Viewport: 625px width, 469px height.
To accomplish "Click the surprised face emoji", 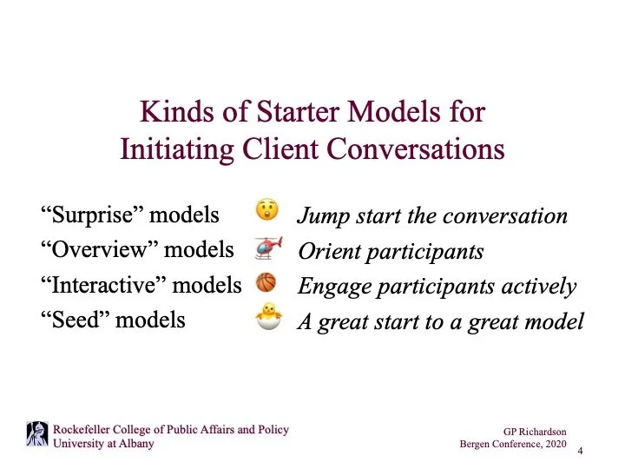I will pyautogui.click(x=266, y=212).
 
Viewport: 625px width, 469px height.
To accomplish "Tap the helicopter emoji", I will pyautogui.click(x=267, y=249).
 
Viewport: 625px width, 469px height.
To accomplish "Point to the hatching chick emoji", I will pyautogui.click(x=266, y=320).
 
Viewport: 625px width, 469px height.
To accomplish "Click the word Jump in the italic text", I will pyautogui.click(x=319, y=215).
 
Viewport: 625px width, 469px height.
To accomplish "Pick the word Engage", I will pyautogui.click(x=328, y=287).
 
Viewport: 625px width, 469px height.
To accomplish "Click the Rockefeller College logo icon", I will pyautogui.click(x=37, y=434).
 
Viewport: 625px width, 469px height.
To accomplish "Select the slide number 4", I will pyautogui.click(x=579, y=450).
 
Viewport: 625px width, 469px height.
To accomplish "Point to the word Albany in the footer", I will pyautogui.click(x=133, y=444).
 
